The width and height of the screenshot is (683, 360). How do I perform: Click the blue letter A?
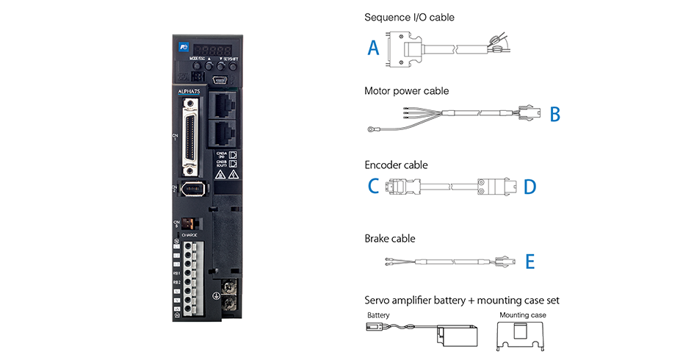(x=374, y=48)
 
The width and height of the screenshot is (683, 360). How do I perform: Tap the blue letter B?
(x=554, y=115)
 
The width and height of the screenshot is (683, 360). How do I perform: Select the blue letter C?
(x=373, y=187)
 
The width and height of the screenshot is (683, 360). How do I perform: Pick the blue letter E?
(x=530, y=261)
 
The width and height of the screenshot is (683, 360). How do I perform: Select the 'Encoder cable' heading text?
(x=396, y=165)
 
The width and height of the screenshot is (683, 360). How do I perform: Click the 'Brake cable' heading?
(x=390, y=238)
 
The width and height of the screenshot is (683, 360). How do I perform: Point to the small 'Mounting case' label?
(x=522, y=315)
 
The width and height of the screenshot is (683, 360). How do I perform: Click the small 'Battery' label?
(x=378, y=315)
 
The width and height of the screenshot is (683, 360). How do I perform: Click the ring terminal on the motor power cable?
(x=372, y=130)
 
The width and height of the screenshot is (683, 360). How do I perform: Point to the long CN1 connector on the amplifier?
(x=192, y=134)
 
